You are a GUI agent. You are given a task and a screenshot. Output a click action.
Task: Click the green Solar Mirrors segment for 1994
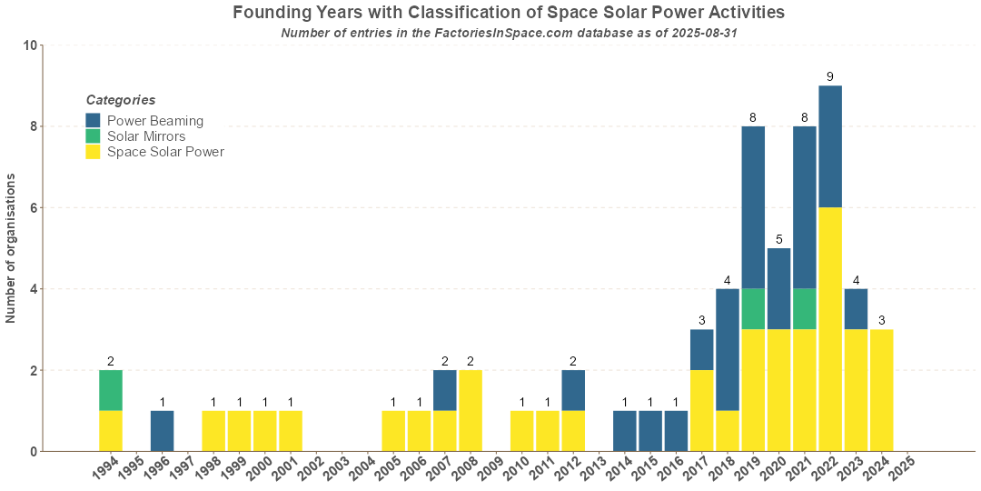click(x=110, y=390)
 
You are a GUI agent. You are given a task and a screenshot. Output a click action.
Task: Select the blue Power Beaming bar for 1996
click(x=162, y=431)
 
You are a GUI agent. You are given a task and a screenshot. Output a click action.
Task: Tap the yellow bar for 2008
click(x=470, y=410)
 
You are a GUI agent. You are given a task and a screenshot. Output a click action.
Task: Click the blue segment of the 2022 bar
click(x=829, y=146)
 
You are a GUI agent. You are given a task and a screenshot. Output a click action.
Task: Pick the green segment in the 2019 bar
click(x=752, y=309)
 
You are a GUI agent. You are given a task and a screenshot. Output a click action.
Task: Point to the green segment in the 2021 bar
click(x=804, y=309)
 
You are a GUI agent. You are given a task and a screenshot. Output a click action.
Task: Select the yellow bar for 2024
click(x=881, y=390)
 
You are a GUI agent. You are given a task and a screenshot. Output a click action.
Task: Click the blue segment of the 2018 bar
click(x=727, y=349)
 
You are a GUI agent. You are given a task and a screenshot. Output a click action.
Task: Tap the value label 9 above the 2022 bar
click(x=829, y=76)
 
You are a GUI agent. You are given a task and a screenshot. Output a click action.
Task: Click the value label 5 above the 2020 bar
click(x=778, y=239)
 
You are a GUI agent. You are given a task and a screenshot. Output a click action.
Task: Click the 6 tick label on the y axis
click(x=33, y=208)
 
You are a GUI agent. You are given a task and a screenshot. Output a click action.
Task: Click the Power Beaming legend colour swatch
click(x=94, y=120)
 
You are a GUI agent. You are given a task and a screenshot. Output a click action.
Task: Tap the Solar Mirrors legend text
click(x=146, y=136)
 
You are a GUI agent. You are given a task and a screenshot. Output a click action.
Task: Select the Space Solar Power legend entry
click(x=165, y=152)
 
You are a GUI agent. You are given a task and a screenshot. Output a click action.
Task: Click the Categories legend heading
click(x=121, y=100)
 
